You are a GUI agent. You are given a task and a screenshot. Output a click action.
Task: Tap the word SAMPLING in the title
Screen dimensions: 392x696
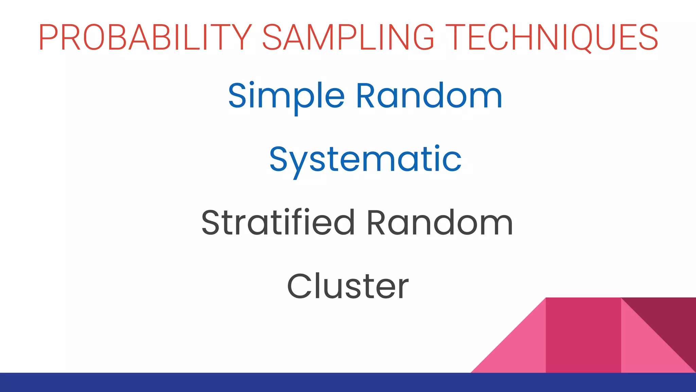pos(348,37)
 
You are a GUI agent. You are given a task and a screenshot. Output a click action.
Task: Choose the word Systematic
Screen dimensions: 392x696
pos(365,160)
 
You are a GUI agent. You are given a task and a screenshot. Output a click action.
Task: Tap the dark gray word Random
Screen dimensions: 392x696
pos(440,223)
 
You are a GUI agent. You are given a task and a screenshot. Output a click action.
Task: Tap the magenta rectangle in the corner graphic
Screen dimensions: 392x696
pos(583,335)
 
